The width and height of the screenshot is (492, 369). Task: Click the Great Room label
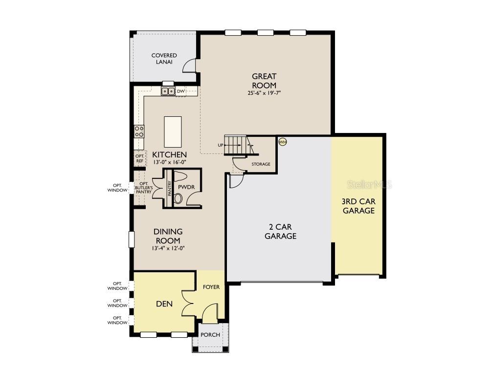(264, 81)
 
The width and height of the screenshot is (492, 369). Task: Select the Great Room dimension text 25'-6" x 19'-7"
(264, 93)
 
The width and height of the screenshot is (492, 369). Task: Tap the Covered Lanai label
(164, 59)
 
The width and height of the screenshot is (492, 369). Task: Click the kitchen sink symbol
(168, 91)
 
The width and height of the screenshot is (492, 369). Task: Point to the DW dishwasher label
(180, 91)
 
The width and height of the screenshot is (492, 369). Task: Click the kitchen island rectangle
(173, 131)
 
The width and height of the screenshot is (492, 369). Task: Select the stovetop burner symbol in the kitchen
(139, 130)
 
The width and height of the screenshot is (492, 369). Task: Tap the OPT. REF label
(139, 158)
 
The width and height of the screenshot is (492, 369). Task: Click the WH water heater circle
(282, 142)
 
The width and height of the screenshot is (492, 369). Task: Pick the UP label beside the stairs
(221, 145)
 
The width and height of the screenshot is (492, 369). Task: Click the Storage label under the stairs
(261, 164)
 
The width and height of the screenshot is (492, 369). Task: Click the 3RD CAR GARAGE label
(358, 206)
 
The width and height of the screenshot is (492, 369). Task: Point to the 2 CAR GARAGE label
(281, 231)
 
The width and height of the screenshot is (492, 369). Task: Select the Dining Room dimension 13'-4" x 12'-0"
(168, 248)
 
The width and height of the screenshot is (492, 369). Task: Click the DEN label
(164, 304)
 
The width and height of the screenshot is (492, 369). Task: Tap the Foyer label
(211, 287)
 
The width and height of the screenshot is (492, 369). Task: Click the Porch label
(211, 335)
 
